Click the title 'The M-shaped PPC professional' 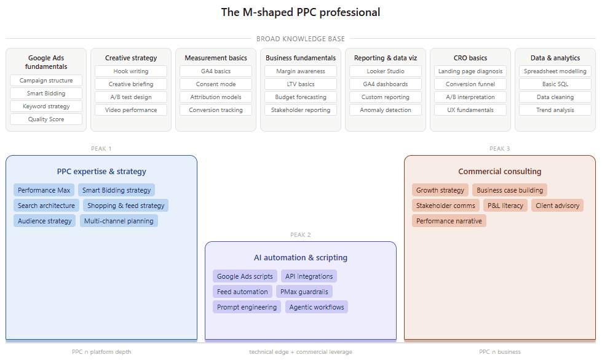(301, 12)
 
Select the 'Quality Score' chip (46, 119)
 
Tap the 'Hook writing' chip (131, 71)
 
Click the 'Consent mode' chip (216, 84)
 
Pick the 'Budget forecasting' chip (301, 97)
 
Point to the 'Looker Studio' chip (386, 71)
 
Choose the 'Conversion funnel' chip (470, 84)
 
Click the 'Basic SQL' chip (555, 84)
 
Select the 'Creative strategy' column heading (131, 58)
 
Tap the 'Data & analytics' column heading (555, 58)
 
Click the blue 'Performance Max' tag (44, 190)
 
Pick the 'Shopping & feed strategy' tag (126, 206)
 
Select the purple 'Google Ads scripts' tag (245, 276)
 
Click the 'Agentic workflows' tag (317, 307)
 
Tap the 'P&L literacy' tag (505, 206)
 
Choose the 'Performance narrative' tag (449, 221)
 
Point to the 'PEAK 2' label (301, 235)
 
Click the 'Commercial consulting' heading (500, 172)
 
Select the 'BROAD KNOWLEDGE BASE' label (301, 39)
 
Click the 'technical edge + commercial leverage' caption (301, 352)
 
